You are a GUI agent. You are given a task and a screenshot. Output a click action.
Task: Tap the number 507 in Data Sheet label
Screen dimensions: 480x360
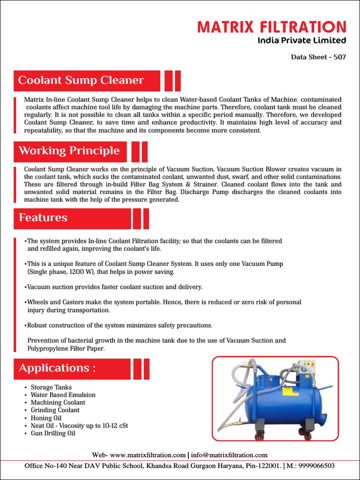coord(340,57)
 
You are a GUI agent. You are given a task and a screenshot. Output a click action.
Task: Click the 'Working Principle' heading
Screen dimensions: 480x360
coord(69,151)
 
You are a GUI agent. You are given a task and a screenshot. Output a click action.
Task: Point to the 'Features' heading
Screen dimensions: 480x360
coord(43,218)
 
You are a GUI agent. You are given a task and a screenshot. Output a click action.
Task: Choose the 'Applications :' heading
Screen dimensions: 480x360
coord(57,368)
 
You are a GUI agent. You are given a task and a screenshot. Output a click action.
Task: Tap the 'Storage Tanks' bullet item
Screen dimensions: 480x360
coord(51,387)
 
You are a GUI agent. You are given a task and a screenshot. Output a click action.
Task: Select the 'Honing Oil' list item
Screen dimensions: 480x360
coord(46,418)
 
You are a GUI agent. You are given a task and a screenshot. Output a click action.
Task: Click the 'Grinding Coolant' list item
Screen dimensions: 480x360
coord(55,410)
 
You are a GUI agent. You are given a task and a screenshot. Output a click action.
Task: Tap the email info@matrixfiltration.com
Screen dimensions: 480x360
coord(229,455)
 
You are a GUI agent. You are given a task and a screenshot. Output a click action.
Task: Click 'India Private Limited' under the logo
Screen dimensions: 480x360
coord(302,40)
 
